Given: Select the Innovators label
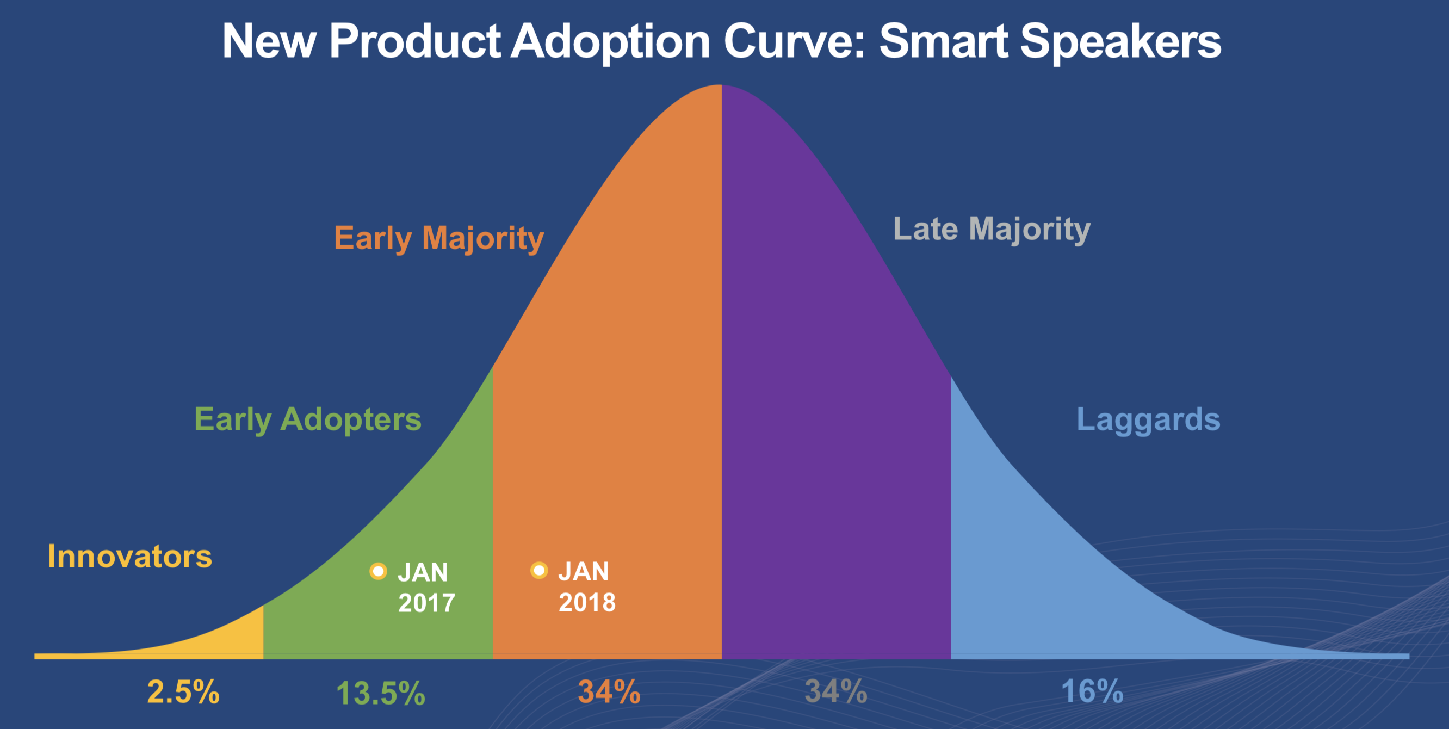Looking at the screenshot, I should (x=130, y=557).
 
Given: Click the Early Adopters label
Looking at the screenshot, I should (x=308, y=419).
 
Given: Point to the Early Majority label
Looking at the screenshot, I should (x=439, y=238).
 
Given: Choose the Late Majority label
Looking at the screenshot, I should (x=992, y=229).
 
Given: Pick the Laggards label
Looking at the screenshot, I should (x=1148, y=419).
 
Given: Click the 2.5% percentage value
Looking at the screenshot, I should (x=183, y=692).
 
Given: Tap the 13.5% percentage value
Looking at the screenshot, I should (x=380, y=693).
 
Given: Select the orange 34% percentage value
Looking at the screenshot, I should (x=609, y=692).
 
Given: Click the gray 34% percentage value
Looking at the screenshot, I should (x=836, y=691).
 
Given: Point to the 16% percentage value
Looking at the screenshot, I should (x=1092, y=692).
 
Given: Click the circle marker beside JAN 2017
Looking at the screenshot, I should (x=378, y=571).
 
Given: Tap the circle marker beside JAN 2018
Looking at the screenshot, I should (x=539, y=570).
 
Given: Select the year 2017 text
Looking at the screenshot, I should (x=426, y=603).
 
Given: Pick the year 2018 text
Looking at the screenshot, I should (x=587, y=602).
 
